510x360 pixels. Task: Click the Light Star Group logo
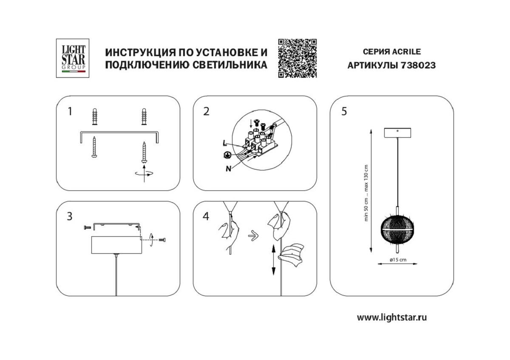click(71, 58)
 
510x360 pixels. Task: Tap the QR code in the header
click(297, 58)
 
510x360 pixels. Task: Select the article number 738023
click(418, 65)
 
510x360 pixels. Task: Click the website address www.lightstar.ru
click(391, 317)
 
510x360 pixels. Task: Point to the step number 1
click(70, 112)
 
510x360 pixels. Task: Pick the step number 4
click(206, 216)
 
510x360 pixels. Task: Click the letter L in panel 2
click(224, 143)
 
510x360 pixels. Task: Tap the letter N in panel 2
click(228, 168)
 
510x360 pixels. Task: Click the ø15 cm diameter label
click(397, 259)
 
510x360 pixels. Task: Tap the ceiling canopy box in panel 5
click(397, 133)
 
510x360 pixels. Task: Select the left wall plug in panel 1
click(94, 117)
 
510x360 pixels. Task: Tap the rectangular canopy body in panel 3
click(116, 244)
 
